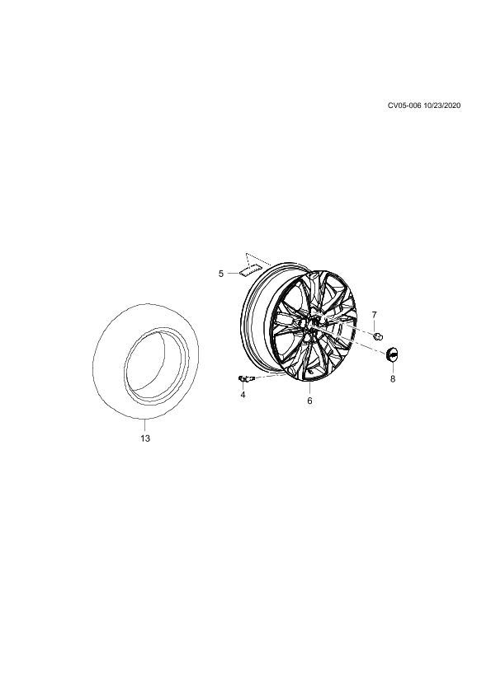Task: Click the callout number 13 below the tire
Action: (x=145, y=438)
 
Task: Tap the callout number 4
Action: (x=243, y=394)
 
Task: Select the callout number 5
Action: (x=221, y=274)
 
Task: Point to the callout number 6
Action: (x=309, y=401)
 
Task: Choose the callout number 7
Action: (x=375, y=315)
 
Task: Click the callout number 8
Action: (x=393, y=379)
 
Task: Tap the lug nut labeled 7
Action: (x=378, y=337)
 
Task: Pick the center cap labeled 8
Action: (x=393, y=354)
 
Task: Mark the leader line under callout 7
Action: (x=375, y=326)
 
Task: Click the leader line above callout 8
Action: (x=393, y=368)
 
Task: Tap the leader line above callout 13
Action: (x=145, y=424)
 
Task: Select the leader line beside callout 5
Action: (x=234, y=274)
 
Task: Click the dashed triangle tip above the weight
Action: (x=246, y=254)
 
